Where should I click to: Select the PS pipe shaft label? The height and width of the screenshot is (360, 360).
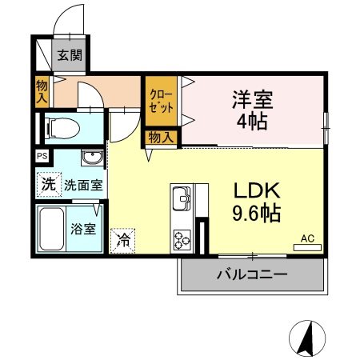[x=41, y=157]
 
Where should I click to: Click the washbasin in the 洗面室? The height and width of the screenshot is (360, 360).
[x=93, y=156]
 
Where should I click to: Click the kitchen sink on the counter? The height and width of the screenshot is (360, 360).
[x=181, y=198]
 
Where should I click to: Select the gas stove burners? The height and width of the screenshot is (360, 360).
[x=182, y=238]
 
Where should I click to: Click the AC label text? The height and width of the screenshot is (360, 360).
[x=307, y=238]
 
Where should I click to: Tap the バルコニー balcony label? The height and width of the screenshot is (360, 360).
[x=252, y=275]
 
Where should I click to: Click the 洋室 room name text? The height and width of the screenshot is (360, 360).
[x=252, y=100]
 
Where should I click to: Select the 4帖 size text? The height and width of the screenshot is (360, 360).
[x=252, y=122]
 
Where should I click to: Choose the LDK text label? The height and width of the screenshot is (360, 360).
[x=255, y=192]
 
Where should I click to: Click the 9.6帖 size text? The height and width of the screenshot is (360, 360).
[x=255, y=214]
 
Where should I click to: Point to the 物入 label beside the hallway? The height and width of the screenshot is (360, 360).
[x=42, y=90]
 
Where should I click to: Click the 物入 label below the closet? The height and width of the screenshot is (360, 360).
[x=160, y=138]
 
